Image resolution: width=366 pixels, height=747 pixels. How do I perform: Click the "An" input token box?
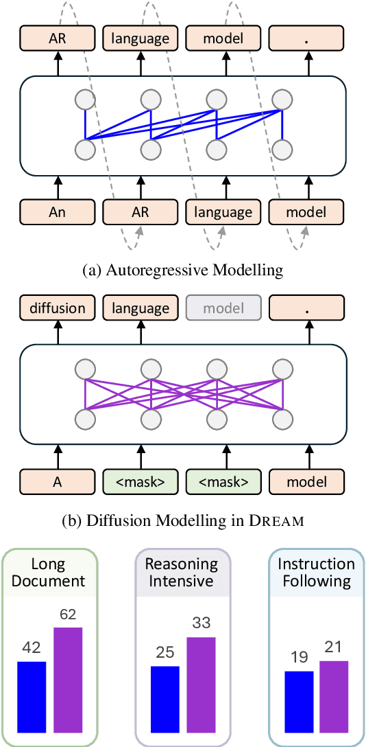pos(58,212)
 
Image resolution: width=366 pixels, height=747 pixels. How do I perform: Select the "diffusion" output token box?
pos(58,308)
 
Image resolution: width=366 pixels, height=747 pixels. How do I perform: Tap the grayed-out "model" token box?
pos(223,308)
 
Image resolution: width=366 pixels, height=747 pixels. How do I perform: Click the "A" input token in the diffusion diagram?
pos(58,481)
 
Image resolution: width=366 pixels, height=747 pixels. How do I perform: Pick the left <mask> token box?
pos(141,481)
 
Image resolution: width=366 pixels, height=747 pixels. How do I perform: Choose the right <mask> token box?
pos(223,481)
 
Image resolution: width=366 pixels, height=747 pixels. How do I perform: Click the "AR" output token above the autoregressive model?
pos(58,39)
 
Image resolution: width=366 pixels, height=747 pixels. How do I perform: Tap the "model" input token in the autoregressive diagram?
pos(306,212)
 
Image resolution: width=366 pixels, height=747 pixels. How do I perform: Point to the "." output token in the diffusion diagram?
pos(306,308)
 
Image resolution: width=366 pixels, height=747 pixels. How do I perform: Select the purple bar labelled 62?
pos(68,679)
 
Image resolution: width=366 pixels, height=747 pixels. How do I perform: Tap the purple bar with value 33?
pos(201,684)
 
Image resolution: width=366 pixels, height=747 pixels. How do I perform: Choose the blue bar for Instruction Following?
pos(299,700)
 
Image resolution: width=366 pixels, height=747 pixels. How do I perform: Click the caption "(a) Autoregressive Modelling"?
pos(182,271)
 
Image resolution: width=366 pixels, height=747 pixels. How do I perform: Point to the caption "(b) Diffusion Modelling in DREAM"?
pos(182,520)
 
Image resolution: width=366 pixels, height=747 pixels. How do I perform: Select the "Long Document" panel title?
pos(49,573)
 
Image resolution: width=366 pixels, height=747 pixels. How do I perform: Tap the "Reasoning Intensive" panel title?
pos(182,573)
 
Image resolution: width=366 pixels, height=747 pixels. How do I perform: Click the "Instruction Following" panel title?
pos(316,573)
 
